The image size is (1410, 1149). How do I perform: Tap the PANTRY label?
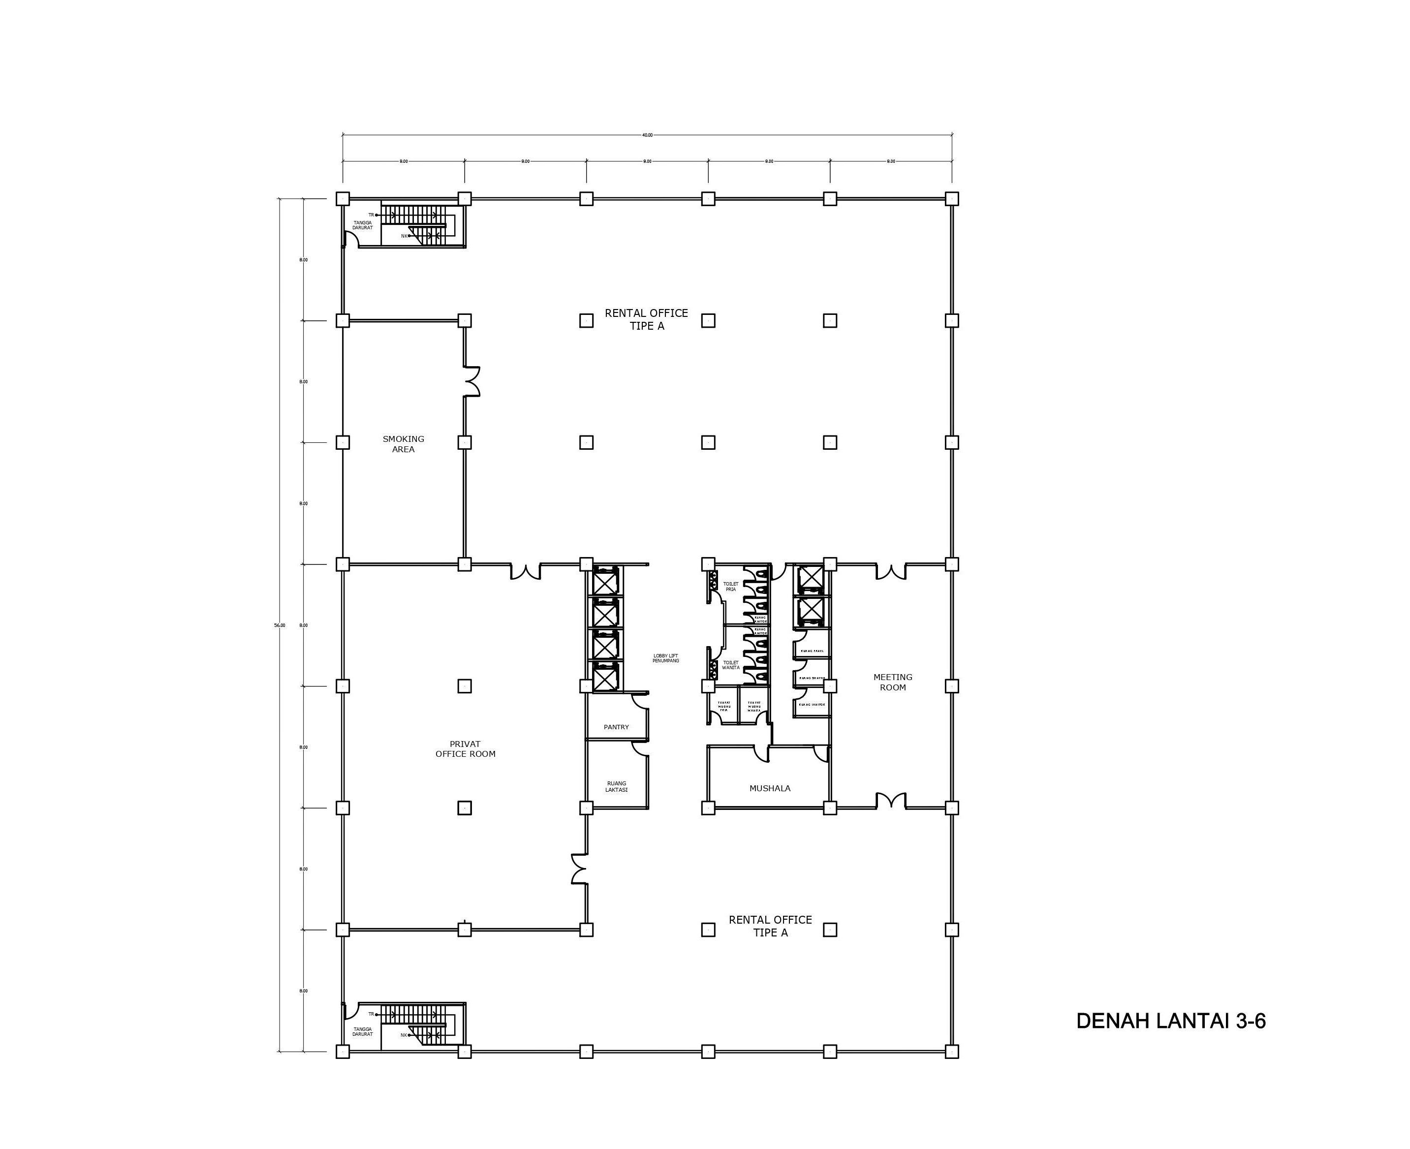[x=616, y=727]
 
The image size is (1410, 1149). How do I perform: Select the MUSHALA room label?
[x=769, y=788]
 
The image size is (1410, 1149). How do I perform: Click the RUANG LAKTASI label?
[x=616, y=786]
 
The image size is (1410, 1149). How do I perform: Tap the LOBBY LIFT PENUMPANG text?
[x=665, y=658]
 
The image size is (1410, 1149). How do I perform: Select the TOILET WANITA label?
[x=730, y=664]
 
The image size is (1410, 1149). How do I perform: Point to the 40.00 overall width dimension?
[x=647, y=135]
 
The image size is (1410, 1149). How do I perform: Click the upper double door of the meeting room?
[x=890, y=572]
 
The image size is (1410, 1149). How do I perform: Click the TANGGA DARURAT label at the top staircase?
[x=362, y=225]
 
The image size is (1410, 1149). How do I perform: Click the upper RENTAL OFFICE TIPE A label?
[x=646, y=319]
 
